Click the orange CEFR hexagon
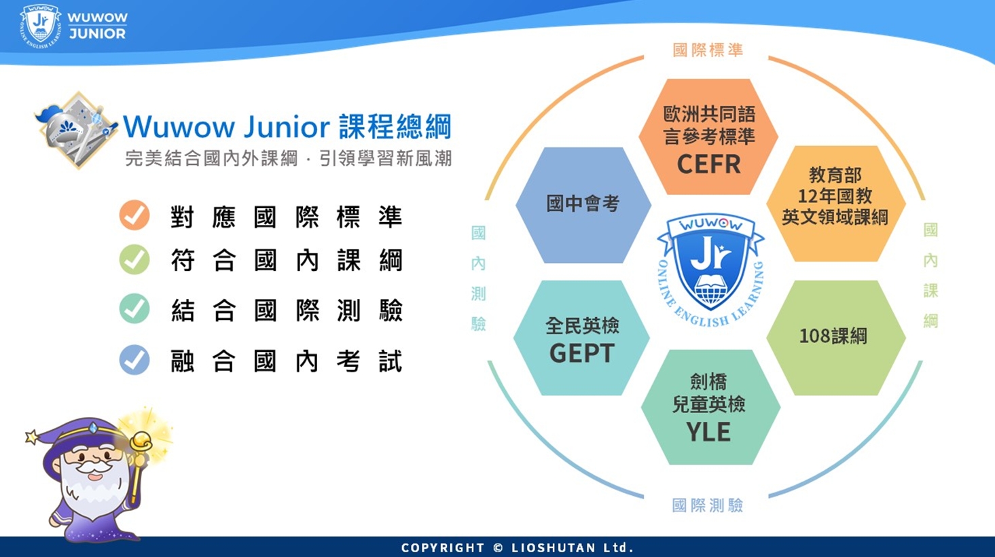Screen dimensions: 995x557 coord(708,137)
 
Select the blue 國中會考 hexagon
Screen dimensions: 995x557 coord(583,204)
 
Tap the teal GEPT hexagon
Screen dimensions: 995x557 coord(581,338)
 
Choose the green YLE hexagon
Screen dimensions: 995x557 coord(710,407)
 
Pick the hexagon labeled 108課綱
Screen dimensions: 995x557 coord(835,338)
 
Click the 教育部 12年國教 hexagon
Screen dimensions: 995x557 coord(835,203)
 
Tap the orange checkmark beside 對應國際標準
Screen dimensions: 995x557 coord(134,215)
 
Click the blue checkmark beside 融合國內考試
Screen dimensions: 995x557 coord(134,359)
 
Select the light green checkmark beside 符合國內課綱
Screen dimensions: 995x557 coord(134,259)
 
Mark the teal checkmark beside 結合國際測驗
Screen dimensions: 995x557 coord(134,308)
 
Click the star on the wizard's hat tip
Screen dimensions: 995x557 coord(32,437)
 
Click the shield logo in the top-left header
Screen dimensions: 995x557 coord(41,26)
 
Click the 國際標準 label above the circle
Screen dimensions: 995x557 coord(708,50)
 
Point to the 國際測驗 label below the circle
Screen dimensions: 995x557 coord(708,505)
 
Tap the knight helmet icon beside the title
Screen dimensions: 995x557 coord(75,130)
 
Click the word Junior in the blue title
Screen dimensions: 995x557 coord(287,127)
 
